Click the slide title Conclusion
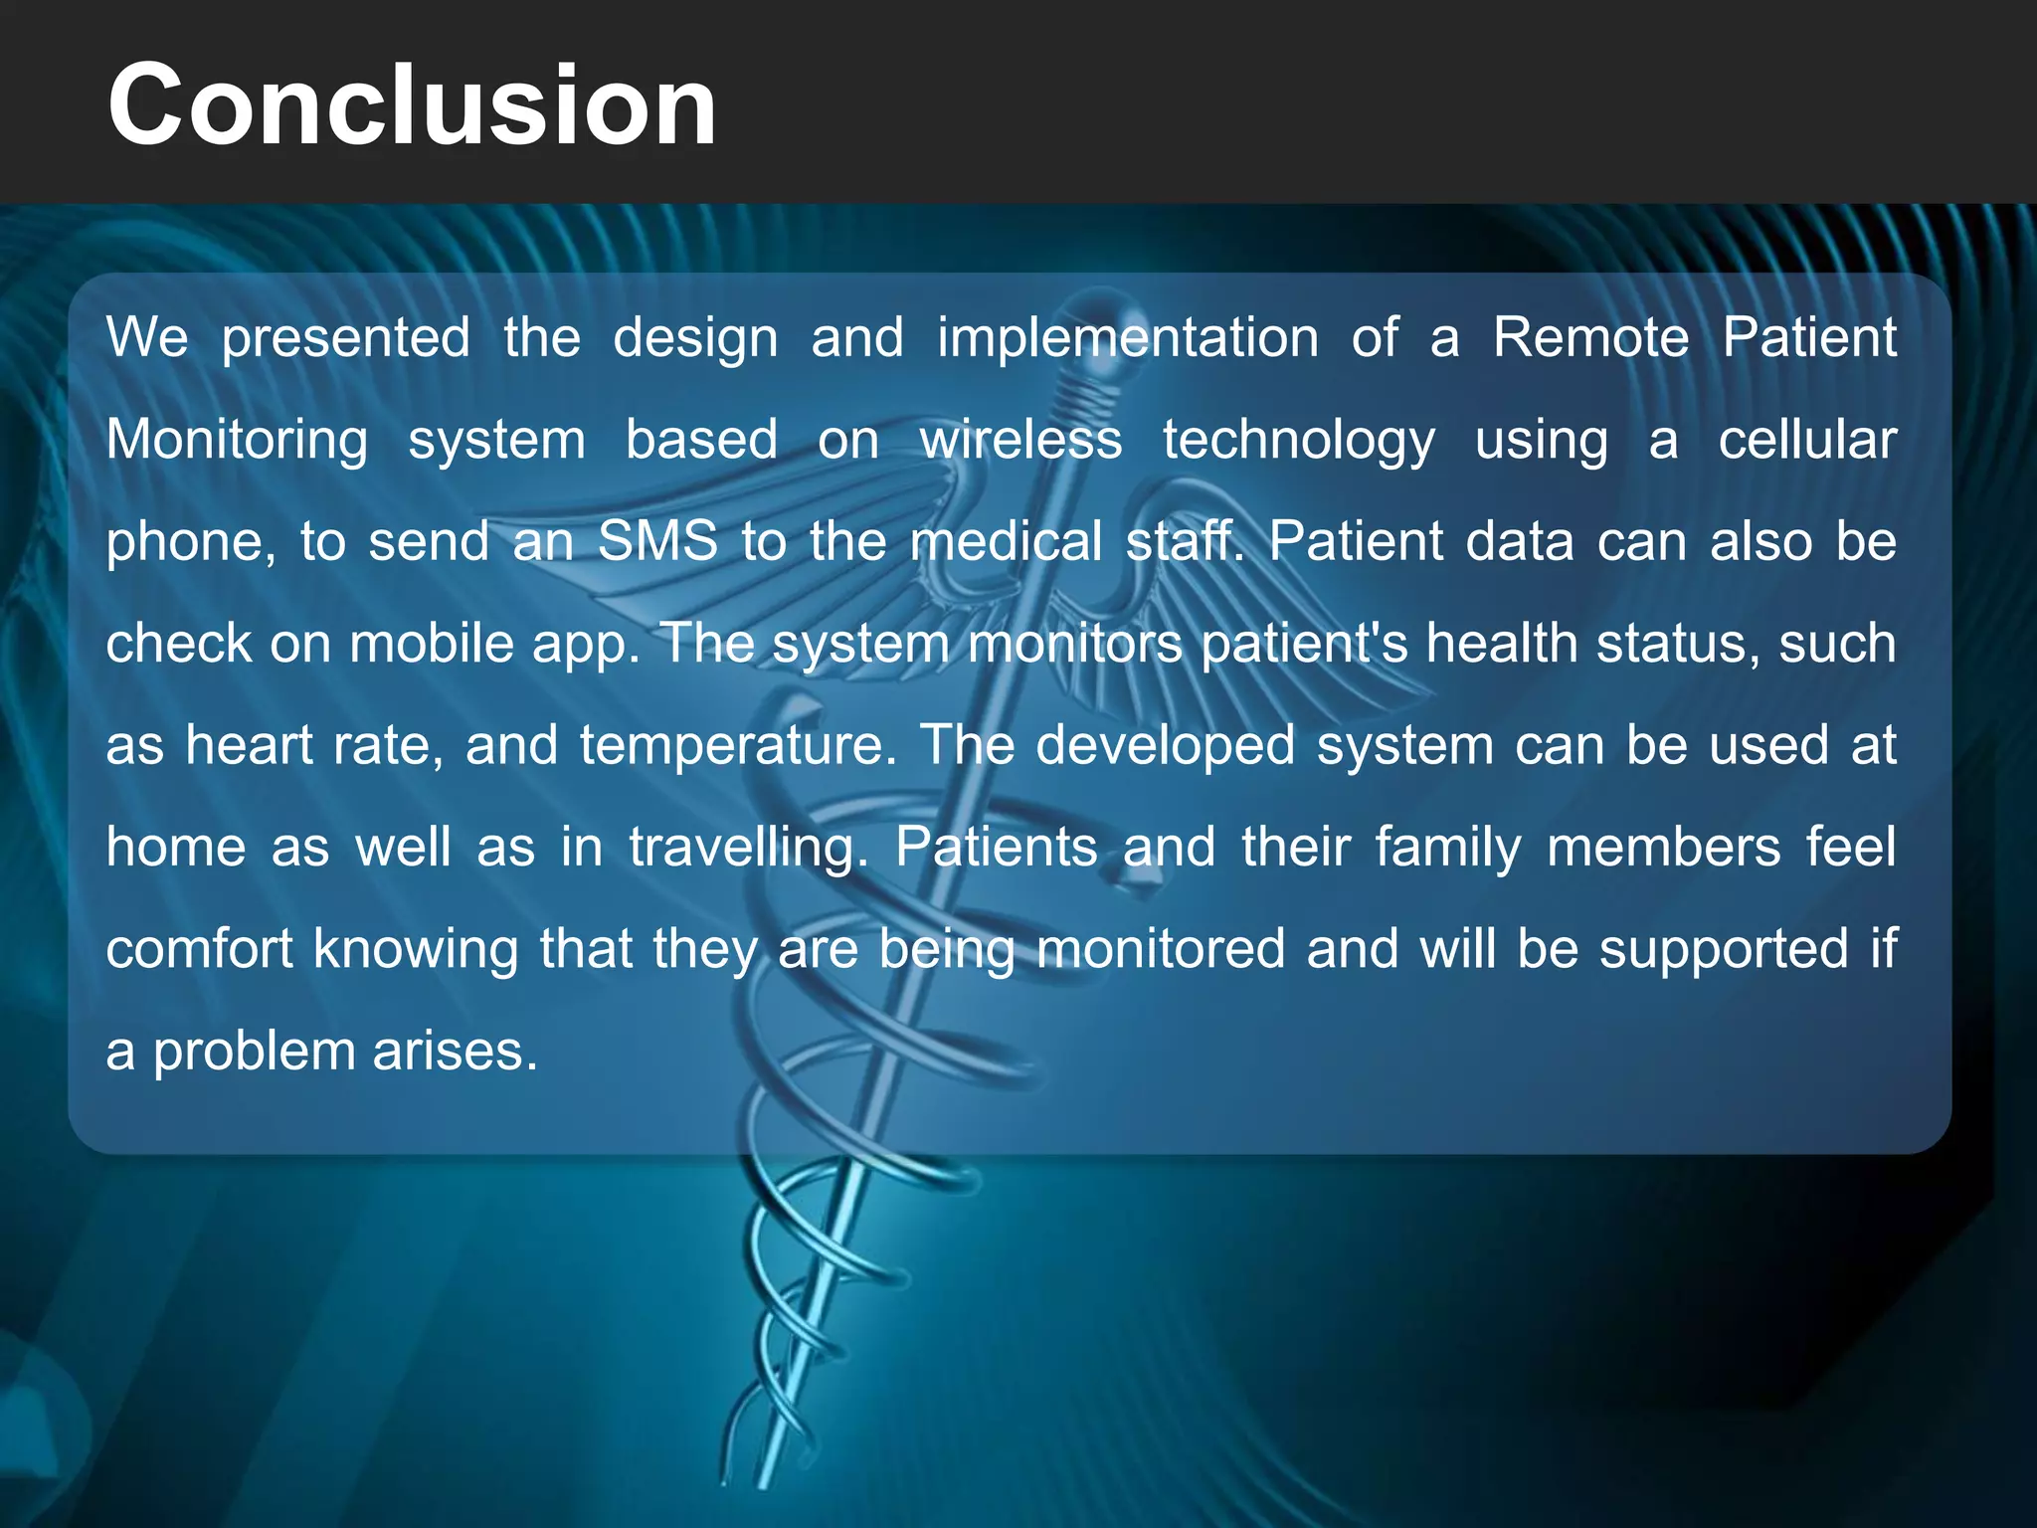[x=412, y=105]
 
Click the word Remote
[x=1589, y=338]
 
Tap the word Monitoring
[x=237, y=441]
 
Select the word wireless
[x=1020, y=441]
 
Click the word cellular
[x=1806, y=441]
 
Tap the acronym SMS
[x=657, y=542]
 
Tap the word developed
[x=1165, y=746]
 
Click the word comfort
[x=199, y=950]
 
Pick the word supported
[x=1723, y=950]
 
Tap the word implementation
[x=1127, y=338]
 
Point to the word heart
[x=249, y=746]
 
